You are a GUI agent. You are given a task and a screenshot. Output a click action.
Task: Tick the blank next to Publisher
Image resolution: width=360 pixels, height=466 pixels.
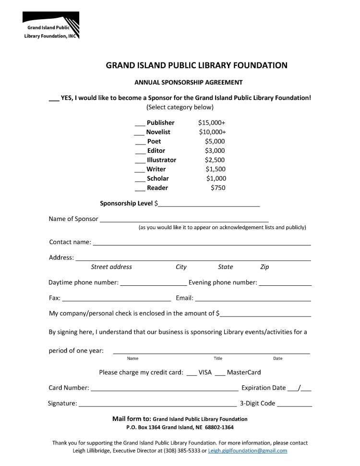[x=140, y=124]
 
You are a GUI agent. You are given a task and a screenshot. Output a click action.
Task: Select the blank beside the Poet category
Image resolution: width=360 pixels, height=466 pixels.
[x=140, y=143]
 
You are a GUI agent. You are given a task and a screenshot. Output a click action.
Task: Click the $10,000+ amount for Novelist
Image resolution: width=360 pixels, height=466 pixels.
[x=212, y=132]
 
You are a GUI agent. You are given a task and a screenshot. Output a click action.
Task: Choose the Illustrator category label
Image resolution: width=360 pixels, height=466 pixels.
[x=161, y=160]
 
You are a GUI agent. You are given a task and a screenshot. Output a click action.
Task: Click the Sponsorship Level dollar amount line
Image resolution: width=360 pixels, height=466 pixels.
[x=209, y=205]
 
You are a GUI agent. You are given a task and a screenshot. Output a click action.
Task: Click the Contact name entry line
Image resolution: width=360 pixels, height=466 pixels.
[x=202, y=244]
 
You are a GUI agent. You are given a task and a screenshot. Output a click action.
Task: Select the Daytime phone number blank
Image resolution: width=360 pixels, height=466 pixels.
[x=153, y=284]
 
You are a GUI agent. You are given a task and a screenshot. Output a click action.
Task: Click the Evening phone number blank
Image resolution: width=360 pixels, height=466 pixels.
[x=285, y=284]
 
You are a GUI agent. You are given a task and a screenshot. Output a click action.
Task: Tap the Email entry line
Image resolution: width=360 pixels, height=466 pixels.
[x=253, y=299]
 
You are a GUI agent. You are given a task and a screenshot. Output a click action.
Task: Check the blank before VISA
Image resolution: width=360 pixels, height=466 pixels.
[x=192, y=374]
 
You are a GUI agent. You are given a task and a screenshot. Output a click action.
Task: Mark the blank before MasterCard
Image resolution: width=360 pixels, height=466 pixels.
[x=220, y=374]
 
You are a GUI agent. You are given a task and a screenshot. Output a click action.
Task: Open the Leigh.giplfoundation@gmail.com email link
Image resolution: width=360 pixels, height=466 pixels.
[x=248, y=451]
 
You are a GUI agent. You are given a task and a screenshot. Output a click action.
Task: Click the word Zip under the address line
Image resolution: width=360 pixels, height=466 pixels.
[x=264, y=267]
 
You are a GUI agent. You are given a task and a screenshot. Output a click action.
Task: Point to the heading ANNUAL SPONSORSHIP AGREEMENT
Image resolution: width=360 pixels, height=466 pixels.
[x=189, y=83]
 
